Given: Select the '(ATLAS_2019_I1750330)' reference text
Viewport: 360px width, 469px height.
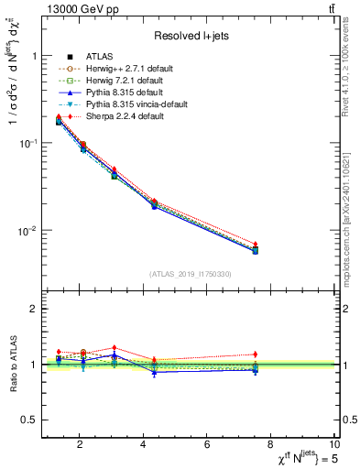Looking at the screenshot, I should (x=191, y=274).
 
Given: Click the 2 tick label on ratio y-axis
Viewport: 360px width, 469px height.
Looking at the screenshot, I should (x=32, y=309).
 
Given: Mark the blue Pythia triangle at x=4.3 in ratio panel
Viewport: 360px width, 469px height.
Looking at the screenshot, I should (x=155, y=372).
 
